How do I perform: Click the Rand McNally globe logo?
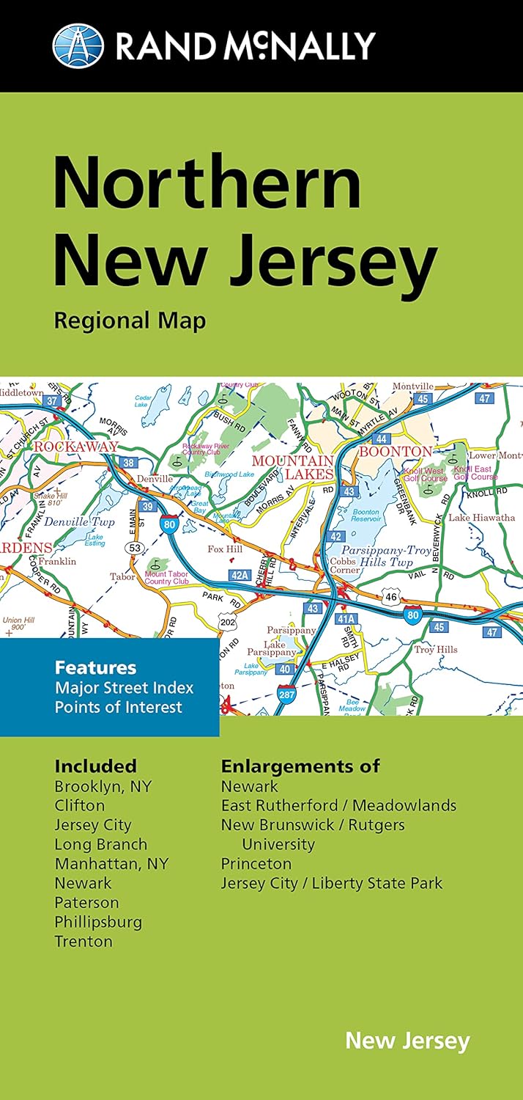[x=78, y=45]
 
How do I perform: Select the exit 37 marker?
[x=52, y=400]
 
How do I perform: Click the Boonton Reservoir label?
[x=366, y=517]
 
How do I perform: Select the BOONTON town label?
[x=395, y=452]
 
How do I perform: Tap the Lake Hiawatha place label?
[x=481, y=518]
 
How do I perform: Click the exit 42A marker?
[x=239, y=576]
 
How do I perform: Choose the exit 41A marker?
[x=345, y=619]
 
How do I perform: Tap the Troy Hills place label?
[x=436, y=650]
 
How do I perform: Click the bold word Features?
[x=95, y=668]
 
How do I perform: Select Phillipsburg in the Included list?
[x=98, y=922]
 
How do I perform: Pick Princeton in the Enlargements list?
[x=256, y=863]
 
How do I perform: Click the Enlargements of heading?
[x=300, y=766]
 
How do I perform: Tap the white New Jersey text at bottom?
[x=407, y=1041]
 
